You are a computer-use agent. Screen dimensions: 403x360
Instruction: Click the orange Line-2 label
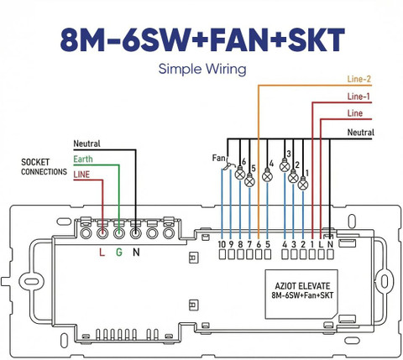coord(359,79)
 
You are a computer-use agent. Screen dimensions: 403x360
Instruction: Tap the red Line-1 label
coord(359,97)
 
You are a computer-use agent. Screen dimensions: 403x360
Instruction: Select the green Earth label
coord(83,159)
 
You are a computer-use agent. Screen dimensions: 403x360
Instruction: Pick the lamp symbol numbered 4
coord(267,175)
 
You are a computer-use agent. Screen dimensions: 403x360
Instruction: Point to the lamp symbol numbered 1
coord(303,184)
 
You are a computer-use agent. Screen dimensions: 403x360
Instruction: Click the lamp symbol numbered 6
coord(240,173)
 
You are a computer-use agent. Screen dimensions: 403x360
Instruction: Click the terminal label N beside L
coord(330,244)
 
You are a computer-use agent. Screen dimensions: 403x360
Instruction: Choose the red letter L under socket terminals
coord(102,253)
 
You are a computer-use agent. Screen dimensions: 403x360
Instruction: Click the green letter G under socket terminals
coord(119,253)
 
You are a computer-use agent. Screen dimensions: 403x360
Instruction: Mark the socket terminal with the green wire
coord(119,232)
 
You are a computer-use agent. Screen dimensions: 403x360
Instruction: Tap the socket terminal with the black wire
coord(135,232)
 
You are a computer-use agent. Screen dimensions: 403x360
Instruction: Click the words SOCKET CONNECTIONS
coord(44,167)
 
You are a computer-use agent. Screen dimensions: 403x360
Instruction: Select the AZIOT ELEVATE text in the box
coord(302,286)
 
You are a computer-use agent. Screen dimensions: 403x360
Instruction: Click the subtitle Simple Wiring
coord(202,69)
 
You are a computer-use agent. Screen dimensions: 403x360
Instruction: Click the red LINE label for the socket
coord(81,175)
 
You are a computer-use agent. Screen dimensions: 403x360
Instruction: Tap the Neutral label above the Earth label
coord(86,143)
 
